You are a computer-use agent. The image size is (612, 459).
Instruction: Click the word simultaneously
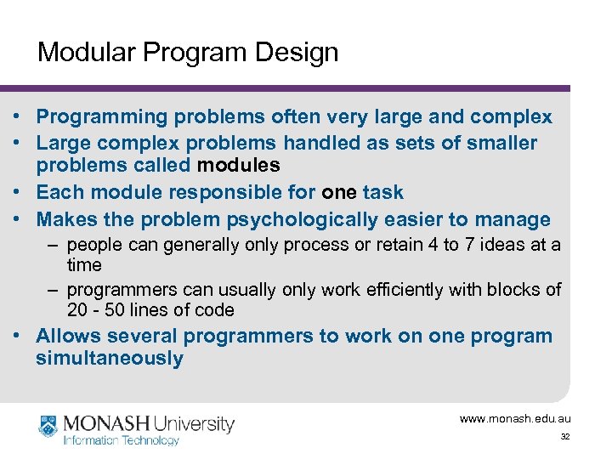(x=109, y=358)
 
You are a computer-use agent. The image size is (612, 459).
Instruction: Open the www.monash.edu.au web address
(x=515, y=418)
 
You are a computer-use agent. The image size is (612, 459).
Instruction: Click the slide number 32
(x=564, y=436)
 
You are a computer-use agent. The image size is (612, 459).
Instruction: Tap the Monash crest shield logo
(x=48, y=425)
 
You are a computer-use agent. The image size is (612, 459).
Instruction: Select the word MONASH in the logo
(x=103, y=422)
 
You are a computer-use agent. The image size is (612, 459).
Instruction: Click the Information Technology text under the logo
(x=122, y=440)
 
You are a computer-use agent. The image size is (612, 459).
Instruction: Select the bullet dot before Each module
(x=17, y=193)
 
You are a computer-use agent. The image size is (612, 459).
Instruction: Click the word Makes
(x=66, y=219)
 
